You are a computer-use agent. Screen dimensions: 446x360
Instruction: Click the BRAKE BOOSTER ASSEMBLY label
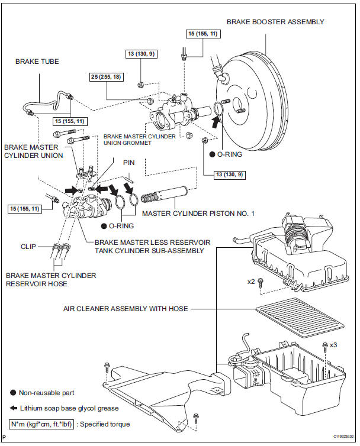pyautogui.click(x=275, y=22)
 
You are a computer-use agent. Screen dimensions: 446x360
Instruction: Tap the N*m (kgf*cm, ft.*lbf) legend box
pyautogui.click(x=43, y=424)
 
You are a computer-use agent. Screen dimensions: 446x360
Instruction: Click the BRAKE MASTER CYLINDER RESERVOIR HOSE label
pyautogui.click(x=50, y=280)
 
